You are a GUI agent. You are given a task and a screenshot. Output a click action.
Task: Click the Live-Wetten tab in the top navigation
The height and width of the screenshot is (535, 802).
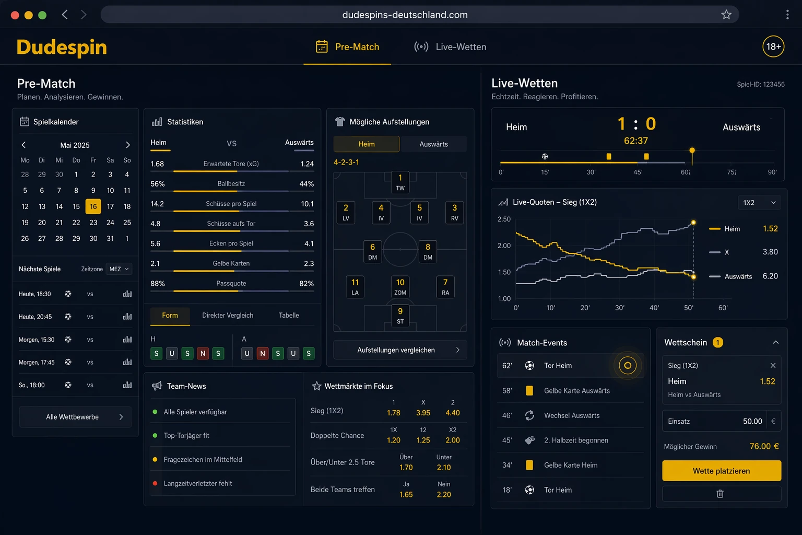click(450, 47)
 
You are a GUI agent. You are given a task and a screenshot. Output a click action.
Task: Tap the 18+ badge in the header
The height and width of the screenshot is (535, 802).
click(773, 46)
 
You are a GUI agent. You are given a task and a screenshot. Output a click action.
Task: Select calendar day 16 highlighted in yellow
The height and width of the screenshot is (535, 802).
click(93, 206)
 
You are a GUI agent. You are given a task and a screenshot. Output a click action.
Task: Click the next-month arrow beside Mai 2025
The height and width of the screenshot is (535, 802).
click(128, 145)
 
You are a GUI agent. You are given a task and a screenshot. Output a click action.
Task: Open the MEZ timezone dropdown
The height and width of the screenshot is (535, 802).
click(119, 269)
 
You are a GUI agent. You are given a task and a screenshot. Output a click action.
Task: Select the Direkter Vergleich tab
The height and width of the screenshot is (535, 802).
click(228, 316)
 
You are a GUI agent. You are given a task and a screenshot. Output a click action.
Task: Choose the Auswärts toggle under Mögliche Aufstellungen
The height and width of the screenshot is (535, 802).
click(433, 144)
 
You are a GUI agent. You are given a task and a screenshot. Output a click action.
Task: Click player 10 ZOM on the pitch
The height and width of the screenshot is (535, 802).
click(400, 287)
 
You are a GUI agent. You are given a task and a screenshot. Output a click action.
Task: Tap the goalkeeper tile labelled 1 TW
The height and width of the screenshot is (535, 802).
click(400, 182)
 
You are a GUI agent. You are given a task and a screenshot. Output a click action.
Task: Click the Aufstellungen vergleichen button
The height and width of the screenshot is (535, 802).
click(400, 350)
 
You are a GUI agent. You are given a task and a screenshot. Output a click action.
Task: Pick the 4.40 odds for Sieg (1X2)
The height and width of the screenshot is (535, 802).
click(453, 413)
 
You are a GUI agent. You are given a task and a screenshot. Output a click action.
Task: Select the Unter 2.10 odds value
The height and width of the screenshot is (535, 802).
click(444, 467)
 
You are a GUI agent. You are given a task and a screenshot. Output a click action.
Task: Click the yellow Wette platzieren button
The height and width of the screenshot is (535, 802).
click(722, 471)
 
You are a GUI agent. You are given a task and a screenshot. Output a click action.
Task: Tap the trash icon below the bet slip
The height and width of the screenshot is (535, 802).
click(721, 494)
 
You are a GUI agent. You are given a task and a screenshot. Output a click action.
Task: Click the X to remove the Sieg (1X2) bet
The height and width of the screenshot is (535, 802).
click(773, 366)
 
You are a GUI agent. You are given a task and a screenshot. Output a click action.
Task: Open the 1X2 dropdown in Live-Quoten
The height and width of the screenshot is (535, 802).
click(759, 203)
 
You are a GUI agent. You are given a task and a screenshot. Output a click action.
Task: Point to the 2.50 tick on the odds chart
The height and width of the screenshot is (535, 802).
click(504, 219)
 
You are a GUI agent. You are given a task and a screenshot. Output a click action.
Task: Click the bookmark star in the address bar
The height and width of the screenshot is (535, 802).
click(726, 15)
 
